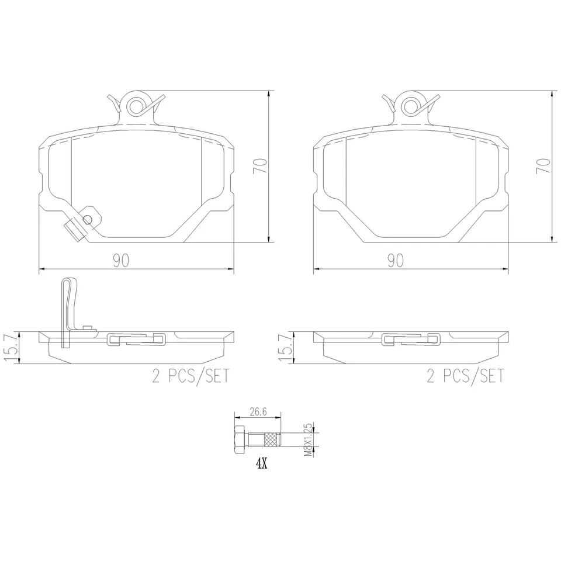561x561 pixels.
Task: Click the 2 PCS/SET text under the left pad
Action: pos(191,376)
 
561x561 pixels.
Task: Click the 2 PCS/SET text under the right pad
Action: pos(465,376)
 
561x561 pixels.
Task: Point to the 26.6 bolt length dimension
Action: pos(258,412)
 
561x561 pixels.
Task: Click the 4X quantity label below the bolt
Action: pos(261,465)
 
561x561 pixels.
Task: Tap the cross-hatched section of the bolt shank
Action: pos(271,440)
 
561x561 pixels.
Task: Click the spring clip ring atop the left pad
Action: pos(136,106)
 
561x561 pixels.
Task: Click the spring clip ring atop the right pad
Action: pos(411,106)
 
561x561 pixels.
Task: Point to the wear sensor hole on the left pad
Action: pos(88,219)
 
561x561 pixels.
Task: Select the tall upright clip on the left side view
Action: pos(68,310)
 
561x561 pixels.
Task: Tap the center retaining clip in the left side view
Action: pos(136,339)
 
